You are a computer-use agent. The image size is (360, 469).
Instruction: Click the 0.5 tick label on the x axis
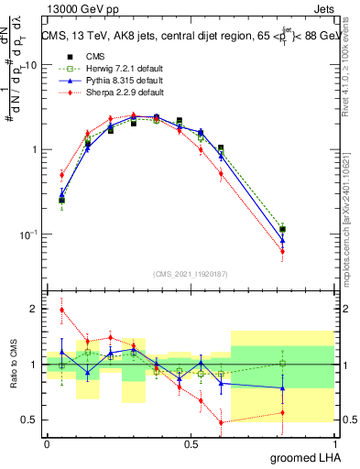(191, 444)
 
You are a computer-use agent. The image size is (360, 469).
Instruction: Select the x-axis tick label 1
(336, 444)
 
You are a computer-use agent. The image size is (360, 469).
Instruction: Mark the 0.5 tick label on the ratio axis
(31, 420)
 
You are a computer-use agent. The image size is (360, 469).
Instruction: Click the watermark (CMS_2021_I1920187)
(191, 273)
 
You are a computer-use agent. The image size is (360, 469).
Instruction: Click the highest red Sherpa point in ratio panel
(61, 310)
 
